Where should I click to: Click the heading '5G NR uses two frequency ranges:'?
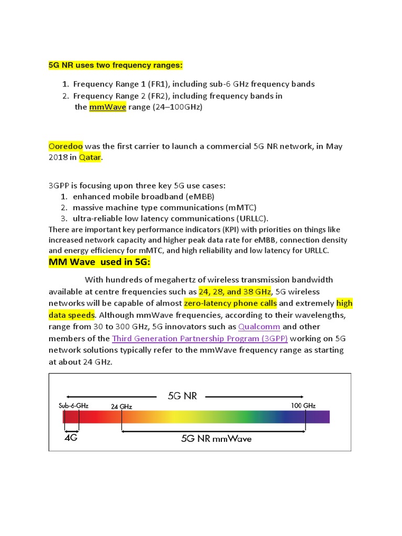coord(115,66)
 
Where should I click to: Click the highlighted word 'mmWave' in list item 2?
coord(107,107)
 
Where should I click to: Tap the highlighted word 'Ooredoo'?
coord(65,146)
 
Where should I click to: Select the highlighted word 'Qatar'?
coord(89,158)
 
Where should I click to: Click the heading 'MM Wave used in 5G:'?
coord(99,262)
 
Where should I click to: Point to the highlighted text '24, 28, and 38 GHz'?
coord(235,291)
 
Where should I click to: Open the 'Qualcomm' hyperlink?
coord(259,327)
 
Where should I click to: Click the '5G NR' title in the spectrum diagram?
coord(182,396)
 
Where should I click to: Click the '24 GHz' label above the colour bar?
coord(121,406)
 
